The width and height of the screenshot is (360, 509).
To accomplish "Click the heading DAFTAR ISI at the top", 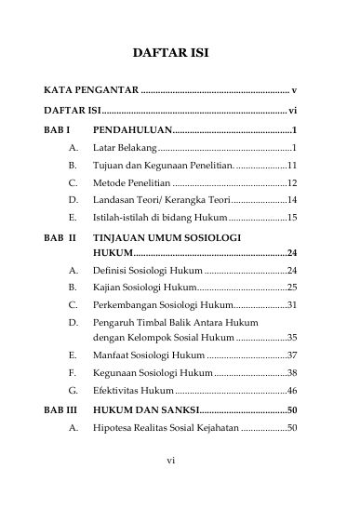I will pos(170,54).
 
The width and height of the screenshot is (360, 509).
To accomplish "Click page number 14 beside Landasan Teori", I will pos(291,200).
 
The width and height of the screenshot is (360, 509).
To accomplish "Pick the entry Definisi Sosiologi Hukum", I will pos(149,270).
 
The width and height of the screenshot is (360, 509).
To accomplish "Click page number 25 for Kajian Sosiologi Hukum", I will pos(291,288).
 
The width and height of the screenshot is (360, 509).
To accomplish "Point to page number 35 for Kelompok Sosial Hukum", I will pos(291,338).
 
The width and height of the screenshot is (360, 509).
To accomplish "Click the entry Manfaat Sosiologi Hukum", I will pos(149,355).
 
